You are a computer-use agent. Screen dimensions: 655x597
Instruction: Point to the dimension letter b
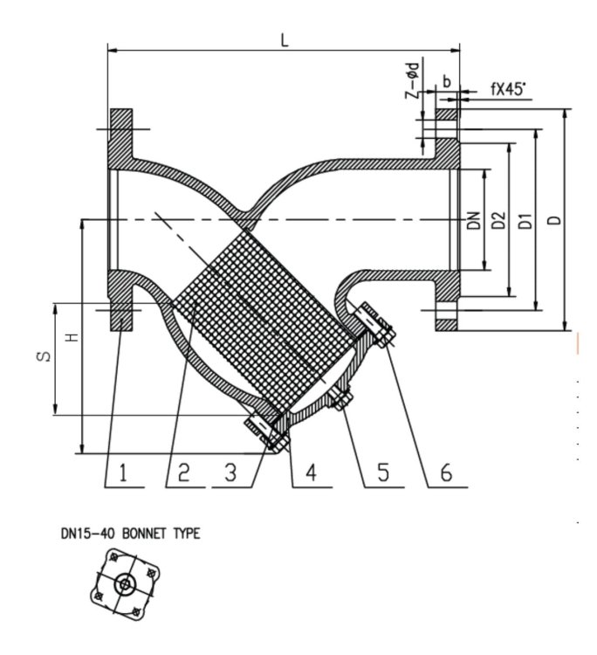point(447,81)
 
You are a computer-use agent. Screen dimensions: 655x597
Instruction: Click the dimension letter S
point(47,356)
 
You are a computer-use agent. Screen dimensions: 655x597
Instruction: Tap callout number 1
point(124,473)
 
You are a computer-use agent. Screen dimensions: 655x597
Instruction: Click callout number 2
point(183,473)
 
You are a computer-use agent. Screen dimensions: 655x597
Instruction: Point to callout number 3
point(230,473)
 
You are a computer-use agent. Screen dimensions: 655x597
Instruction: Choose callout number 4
point(312,473)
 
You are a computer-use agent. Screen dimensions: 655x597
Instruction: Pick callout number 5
point(381,473)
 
